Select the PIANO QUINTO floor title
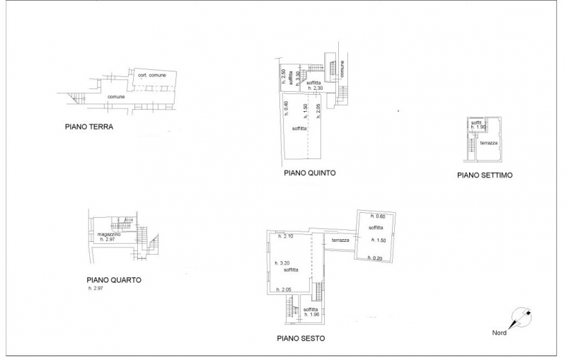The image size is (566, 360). click(x=309, y=173)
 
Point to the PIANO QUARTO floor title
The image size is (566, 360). click(x=114, y=279)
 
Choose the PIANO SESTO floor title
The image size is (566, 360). click(x=301, y=339)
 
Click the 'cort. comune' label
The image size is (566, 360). click(x=152, y=75)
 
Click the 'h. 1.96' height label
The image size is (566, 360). click(x=311, y=315)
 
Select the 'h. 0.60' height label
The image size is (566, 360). click(x=375, y=216)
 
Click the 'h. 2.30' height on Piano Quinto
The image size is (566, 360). click(x=315, y=88)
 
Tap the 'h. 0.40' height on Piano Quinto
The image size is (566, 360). click(x=286, y=109)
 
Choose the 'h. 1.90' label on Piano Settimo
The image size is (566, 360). click(x=478, y=127)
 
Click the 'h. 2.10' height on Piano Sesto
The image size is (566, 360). click(x=286, y=236)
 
